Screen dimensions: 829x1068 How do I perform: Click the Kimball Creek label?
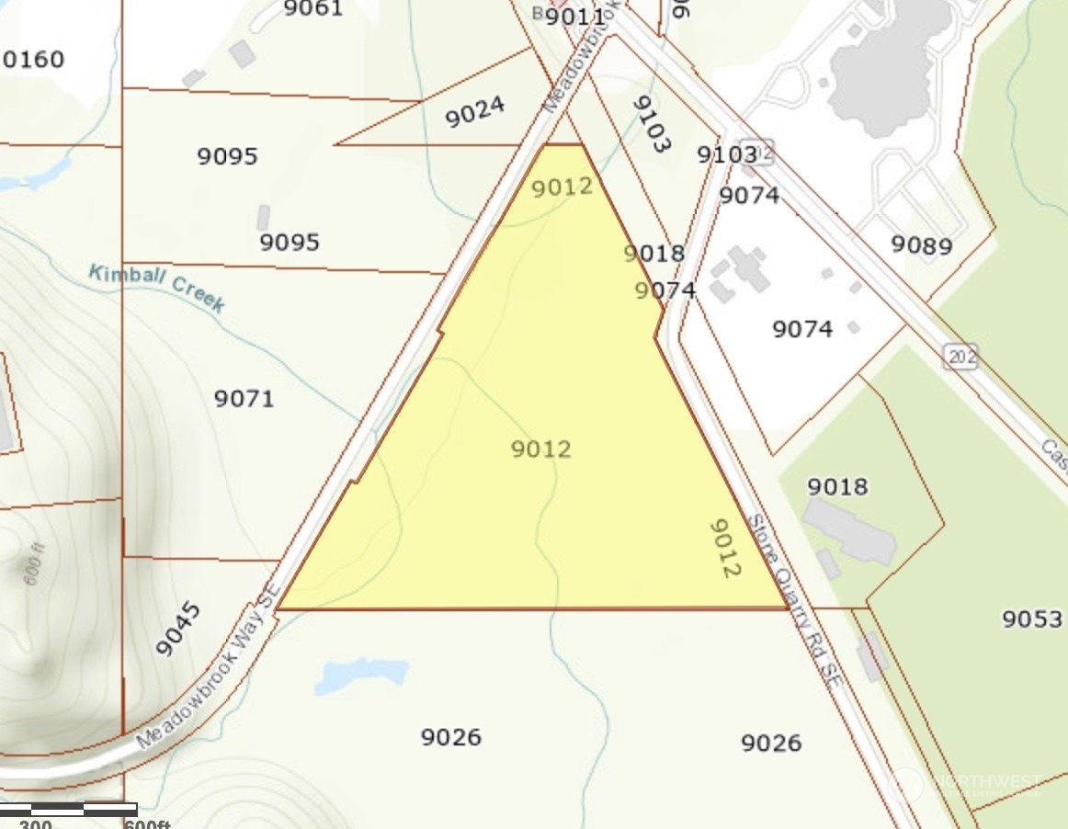(x=156, y=288)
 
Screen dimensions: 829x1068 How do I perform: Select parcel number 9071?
(x=244, y=399)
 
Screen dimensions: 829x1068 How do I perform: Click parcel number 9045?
(x=178, y=630)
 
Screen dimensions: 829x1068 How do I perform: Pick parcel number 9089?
(x=921, y=245)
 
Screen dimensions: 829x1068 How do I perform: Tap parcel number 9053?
(x=1032, y=619)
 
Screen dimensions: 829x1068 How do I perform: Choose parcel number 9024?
(x=475, y=112)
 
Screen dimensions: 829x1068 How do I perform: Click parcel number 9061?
(x=313, y=9)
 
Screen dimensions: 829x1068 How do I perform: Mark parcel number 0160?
(x=34, y=60)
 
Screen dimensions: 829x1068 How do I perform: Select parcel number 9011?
(x=575, y=17)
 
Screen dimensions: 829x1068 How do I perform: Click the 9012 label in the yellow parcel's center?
(x=541, y=449)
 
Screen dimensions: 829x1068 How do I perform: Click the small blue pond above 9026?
(x=360, y=675)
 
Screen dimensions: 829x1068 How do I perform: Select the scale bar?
(x=69, y=810)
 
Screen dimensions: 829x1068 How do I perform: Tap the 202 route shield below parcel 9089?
(x=960, y=356)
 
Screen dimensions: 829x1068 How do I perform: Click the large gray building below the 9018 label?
(x=849, y=530)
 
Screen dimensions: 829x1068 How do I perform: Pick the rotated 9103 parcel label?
(x=652, y=124)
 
